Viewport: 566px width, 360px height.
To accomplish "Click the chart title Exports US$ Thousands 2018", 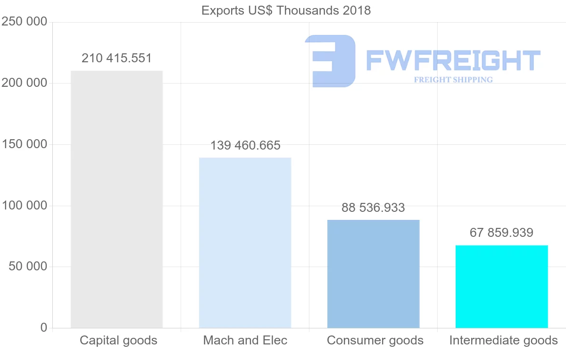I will (x=286, y=10).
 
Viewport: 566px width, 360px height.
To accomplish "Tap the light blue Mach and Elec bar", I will (x=245, y=243).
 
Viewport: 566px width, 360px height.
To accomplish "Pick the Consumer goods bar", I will (x=373, y=274).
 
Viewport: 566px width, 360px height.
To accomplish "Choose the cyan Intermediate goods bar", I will (x=501, y=286).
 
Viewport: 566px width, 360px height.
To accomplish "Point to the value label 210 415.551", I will (x=117, y=59).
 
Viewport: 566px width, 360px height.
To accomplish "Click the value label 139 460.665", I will (x=245, y=145).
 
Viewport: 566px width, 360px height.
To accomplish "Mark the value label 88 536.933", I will (x=373, y=208).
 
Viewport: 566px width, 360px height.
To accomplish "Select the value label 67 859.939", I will (x=501, y=233).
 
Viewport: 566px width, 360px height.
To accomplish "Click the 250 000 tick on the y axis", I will (x=25, y=22).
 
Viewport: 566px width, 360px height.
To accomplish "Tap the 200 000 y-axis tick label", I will (x=25, y=83).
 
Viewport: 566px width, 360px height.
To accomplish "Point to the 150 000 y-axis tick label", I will (x=25, y=144).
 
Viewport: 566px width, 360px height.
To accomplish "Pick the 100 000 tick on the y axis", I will (x=25, y=206).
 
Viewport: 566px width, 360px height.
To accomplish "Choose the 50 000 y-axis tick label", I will (x=28, y=267).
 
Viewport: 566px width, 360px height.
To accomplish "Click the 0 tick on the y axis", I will (x=44, y=327).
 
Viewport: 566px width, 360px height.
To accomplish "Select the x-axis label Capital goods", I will (x=118, y=340).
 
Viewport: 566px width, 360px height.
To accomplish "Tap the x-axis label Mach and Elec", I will (x=245, y=340).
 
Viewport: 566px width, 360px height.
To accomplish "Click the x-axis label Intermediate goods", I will (x=503, y=340).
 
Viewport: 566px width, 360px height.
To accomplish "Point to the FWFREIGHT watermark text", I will (x=453, y=61).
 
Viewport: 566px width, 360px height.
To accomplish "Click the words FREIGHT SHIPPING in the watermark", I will (x=453, y=80).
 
